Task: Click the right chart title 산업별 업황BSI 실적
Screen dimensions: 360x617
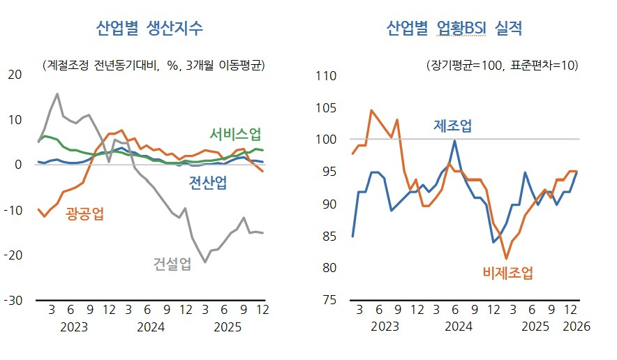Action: (454, 29)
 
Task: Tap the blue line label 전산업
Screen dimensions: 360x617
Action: (208, 183)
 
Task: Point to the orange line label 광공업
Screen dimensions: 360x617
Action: (85, 213)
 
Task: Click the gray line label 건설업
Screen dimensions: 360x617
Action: (172, 264)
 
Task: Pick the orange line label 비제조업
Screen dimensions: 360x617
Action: (507, 273)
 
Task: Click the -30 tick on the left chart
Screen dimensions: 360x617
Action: (13, 300)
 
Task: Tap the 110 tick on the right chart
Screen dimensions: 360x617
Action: (327, 75)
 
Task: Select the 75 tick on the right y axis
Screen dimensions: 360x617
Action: (329, 300)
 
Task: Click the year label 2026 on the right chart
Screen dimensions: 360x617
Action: (577, 326)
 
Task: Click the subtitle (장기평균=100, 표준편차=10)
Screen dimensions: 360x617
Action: (501, 66)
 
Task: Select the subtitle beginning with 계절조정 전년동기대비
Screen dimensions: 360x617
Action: (153, 66)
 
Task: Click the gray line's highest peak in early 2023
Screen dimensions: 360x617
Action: (57, 93)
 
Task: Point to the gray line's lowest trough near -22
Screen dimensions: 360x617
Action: (205, 262)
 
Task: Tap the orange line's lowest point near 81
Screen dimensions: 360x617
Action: (506, 259)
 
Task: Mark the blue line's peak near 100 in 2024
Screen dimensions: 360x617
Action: (455, 141)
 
